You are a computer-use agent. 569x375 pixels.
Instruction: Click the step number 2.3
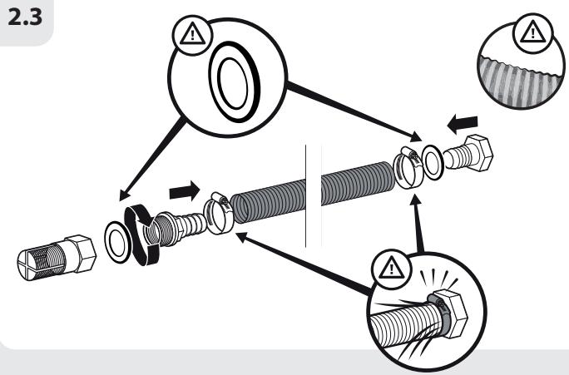pyautogui.click(x=25, y=17)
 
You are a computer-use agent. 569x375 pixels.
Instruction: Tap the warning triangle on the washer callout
pyautogui.click(x=192, y=35)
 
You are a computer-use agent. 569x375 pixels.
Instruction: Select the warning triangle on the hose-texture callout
pyautogui.click(x=532, y=32)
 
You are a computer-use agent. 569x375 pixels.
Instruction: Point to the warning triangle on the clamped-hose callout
pyautogui.click(x=391, y=268)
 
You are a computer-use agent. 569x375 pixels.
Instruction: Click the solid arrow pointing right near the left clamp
pyautogui.click(x=185, y=190)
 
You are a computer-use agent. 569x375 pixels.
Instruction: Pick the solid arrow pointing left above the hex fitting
pyautogui.click(x=463, y=124)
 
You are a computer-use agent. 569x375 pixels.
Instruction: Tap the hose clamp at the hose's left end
pyautogui.click(x=218, y=213)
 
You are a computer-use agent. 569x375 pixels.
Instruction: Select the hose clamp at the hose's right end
pyautogui.click(x=408, y=167)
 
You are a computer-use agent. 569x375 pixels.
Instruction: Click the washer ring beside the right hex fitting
pyautogui.click(x=433, y=162)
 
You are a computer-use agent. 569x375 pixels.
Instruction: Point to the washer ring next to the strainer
pyautogui.click(x=117, y=242)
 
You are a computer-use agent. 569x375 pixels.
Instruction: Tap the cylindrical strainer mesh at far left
pyautogui.click(x=41, y=259)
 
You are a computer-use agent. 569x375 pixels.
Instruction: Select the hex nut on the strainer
pyautogui.click(x=81, y=253)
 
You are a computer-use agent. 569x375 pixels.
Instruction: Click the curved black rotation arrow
pyautogui.click(x=139, y=234)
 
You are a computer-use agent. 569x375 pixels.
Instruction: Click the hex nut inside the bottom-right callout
pyautogui.click(x=451, y=311)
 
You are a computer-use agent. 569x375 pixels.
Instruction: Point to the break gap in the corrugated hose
pyautogui.click(x=313, y=196)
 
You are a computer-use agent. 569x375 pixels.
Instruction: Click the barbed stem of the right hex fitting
pyautogui.click(x=454, y=159)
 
